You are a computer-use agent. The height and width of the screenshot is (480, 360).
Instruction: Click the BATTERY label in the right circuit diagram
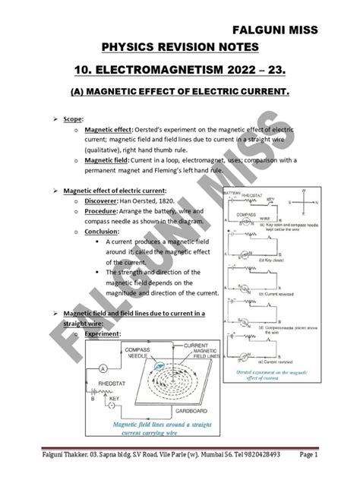point(232,194)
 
